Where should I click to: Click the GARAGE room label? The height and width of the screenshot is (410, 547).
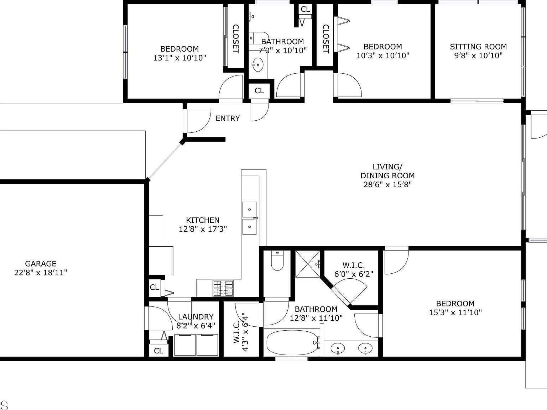[41, 264]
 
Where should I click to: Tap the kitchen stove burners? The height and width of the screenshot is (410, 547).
[223, 288]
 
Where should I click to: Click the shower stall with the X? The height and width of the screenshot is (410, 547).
[308, 264]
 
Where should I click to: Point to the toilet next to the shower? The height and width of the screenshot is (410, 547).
[277, 261]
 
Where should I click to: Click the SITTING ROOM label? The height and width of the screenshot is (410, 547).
[478, 47]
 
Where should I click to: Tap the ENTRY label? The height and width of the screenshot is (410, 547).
[228, 119]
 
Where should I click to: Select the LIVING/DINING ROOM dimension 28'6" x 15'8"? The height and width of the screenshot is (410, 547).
[387, 184]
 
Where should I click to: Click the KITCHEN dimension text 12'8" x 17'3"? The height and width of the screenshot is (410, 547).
[203, 229]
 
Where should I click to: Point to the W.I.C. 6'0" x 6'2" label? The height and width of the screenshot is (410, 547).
[353, 269]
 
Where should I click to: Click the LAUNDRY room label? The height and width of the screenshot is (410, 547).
[196, 317]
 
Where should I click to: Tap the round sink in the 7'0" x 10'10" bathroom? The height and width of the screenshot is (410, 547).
[257, 64]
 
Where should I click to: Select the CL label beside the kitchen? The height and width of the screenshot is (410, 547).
[154, 287]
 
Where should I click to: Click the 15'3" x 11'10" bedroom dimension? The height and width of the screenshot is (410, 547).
[455, 312]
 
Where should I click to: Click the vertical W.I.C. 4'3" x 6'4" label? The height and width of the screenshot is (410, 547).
[241, 332]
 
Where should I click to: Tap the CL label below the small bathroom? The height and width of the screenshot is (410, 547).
[259, 91]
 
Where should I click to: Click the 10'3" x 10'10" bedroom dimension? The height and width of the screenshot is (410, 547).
[383, 56]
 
